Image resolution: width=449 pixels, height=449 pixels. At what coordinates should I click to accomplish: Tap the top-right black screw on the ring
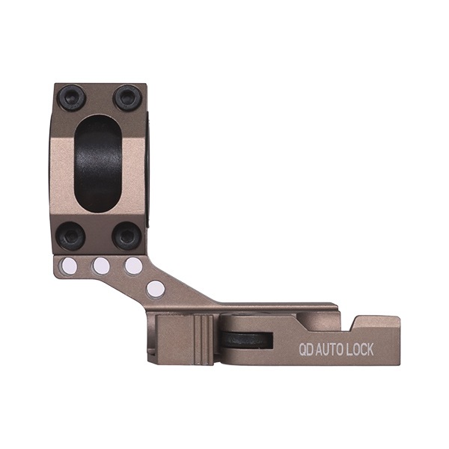click(x=127, y=98)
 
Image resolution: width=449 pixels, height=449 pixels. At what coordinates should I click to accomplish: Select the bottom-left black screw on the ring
click(x=70, y=236)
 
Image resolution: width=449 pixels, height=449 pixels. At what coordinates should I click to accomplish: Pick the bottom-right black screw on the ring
click(x=127, y=236)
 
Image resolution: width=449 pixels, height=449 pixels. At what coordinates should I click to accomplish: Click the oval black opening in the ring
click(x=99, y=163)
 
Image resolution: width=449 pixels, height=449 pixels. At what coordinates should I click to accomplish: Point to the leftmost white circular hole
click(x=69, y=265)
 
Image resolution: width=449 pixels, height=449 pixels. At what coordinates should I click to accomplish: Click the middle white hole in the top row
click(x=101, y=265)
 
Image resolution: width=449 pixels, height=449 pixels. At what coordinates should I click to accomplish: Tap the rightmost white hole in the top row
click(x=133, y=265)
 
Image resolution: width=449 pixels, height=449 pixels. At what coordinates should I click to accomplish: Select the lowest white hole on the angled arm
click(x=156, y=289)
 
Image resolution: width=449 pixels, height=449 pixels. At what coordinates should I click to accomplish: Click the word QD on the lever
click(x=306, y=349)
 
